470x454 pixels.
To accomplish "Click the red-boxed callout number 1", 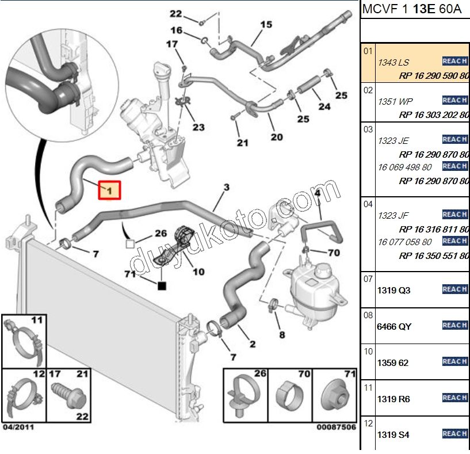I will [x=109, y=190].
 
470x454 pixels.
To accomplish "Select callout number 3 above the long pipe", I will [x=226, y=188].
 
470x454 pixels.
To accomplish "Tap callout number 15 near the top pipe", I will [x=266, y=24].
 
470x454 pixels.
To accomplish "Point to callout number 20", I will [x=277, y=137].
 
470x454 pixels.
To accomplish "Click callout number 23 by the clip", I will [x=198, y=127].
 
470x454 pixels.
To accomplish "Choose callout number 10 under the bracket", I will [x=198, y=271].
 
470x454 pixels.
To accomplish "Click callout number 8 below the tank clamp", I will [x=281, y=334].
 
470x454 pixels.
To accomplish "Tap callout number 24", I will [x=324, y=106].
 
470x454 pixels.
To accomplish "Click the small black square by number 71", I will [x=162, y=285].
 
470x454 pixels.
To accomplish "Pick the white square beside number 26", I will [x=130, y=244].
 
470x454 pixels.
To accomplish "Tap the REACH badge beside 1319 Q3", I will [x=454, y=289].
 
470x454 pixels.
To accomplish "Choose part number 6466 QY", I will [x=394, y=326].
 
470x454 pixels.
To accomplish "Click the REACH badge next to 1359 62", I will [x=454, y=362].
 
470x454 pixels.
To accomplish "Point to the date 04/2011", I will [x=18, y=428].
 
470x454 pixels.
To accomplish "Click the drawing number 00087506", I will [x=335, y=428].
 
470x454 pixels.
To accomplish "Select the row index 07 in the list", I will [x=369, y=279].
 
